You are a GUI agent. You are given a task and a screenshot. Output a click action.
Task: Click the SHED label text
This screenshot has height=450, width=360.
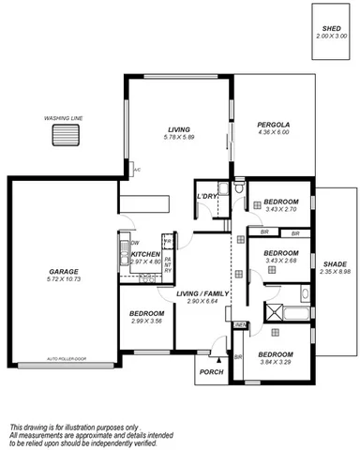click(x=330, y=29)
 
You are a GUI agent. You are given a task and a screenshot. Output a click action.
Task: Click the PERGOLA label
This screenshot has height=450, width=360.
click(x=273, y=124)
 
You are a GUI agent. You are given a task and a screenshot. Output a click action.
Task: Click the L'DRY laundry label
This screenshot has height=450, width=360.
click(x=206, y=196)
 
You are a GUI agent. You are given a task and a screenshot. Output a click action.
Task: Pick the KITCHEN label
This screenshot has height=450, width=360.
click(x=145, y=254)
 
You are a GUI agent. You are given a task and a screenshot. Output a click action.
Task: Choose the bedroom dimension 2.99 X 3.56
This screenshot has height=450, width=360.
click(x=147, y=321)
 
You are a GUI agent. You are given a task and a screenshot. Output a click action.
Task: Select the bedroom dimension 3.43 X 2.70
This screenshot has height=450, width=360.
click(x=280, y=210)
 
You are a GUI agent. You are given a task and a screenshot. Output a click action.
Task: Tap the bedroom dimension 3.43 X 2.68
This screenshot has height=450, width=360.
click(x=280, y=261)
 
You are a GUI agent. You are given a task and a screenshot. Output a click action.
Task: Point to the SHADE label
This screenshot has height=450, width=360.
click(x=335, y=264)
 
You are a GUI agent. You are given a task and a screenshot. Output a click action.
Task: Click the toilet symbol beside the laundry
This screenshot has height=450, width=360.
click(x=240, y=192)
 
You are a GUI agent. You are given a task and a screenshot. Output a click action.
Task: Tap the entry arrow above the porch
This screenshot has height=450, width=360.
click(x=218, y=356)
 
